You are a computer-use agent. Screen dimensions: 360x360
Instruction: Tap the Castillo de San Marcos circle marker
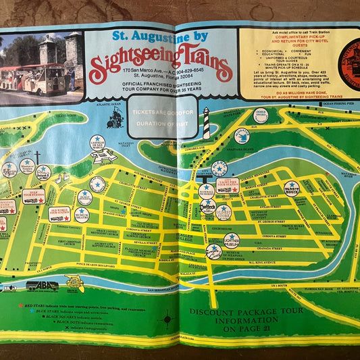tap(98, 143)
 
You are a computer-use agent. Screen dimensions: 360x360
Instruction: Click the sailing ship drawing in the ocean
tap(115, 118)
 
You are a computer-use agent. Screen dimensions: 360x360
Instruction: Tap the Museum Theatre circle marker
tap(81, 215)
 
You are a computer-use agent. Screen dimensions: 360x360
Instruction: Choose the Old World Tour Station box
tap(59, 214)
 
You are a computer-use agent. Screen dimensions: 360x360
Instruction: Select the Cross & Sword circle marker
tap(261, 115)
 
